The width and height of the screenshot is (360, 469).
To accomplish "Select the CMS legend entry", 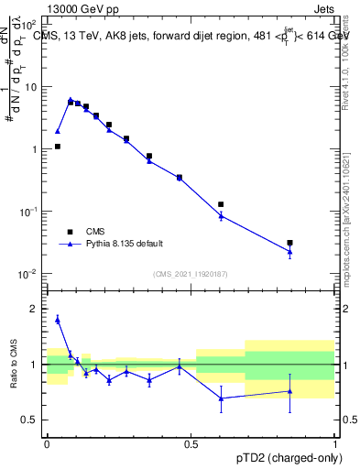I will point(95,231).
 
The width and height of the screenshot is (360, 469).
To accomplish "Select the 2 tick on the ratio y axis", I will point(34,309).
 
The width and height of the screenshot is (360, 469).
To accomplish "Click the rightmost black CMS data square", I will point(290,243).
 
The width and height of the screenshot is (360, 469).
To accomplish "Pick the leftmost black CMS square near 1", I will point(57,146).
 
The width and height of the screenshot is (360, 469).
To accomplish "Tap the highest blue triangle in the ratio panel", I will point(58,319).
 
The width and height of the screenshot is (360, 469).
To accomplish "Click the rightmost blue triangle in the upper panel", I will point(290,252).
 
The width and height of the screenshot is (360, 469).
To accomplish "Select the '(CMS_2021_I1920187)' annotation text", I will point(190,273).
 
